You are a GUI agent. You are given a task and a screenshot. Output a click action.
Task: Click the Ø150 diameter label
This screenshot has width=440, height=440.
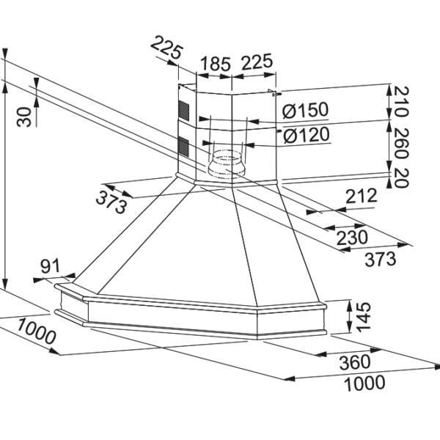tap(305, 110)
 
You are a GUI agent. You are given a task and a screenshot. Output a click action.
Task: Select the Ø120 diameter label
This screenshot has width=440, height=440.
tap(306, 135)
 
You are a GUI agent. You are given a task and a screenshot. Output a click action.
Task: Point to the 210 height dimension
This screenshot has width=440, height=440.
tap(401, 101)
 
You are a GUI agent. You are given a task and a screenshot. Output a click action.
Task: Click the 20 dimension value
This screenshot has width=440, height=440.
tap(401, 178)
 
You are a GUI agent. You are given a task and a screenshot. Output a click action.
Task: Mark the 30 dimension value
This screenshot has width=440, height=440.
tap(24, 117)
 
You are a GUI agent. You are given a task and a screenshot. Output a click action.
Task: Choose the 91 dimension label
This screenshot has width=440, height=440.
tap(51, 266)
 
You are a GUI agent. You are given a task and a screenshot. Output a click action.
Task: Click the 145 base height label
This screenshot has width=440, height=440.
tap(363, 317)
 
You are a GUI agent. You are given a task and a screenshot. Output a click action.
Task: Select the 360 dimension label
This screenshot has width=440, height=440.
tap(355, 362)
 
